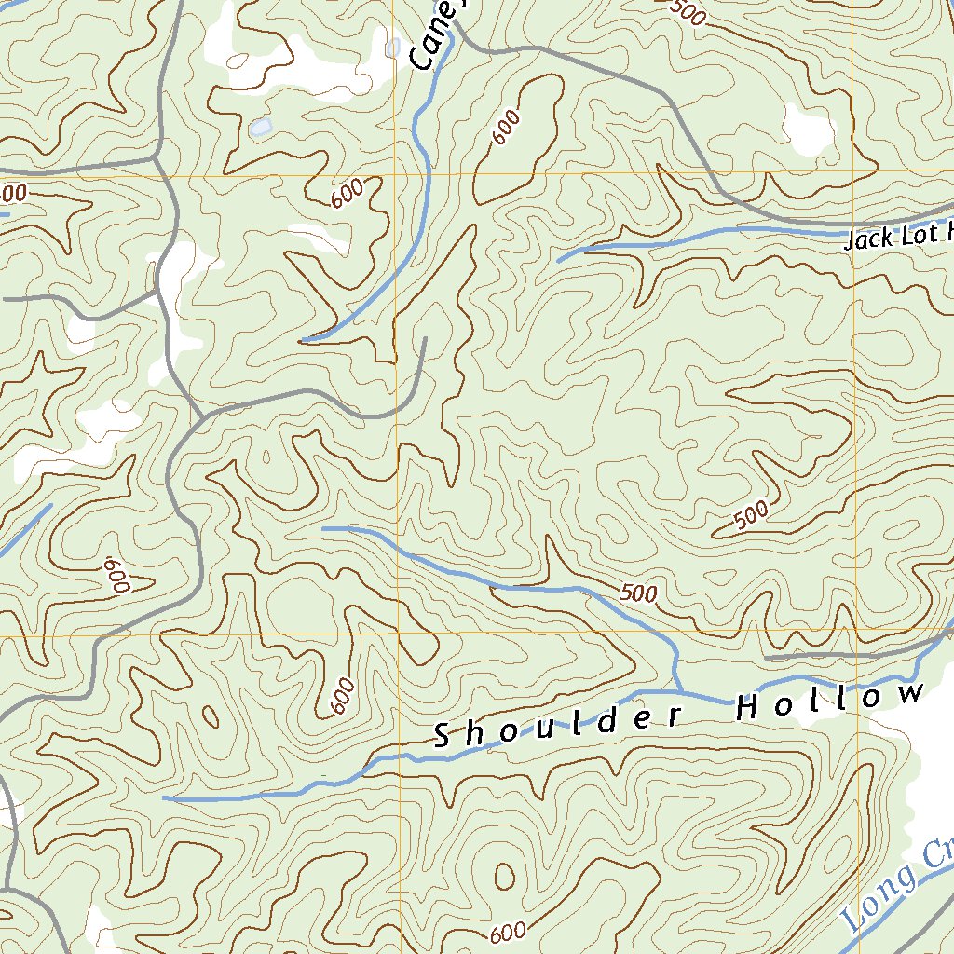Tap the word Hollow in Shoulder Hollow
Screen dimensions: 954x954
pyautogui.click(x=829, y=702)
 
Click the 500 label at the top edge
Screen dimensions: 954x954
pyautogui.click(x=688, y=11)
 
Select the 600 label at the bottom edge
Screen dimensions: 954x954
pyautogui.click(x=507, y=933)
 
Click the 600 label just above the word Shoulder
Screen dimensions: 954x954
pyautogui.click(x=342, y=695)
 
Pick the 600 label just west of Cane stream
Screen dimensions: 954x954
pyautogui.click(x=347, y=194)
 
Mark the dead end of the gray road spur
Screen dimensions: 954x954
pyautogui.click(x=424, y=339)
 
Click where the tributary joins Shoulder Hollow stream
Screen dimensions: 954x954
pyautogui.click(x=678, y=691)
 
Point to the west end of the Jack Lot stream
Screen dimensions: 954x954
pyautogui.click(x=559, y=260)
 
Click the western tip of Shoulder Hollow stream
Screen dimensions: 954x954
pyautogui.click(x=165, y=797)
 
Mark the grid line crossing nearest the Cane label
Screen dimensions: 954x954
pyautogui.click(x=395, y=175)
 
